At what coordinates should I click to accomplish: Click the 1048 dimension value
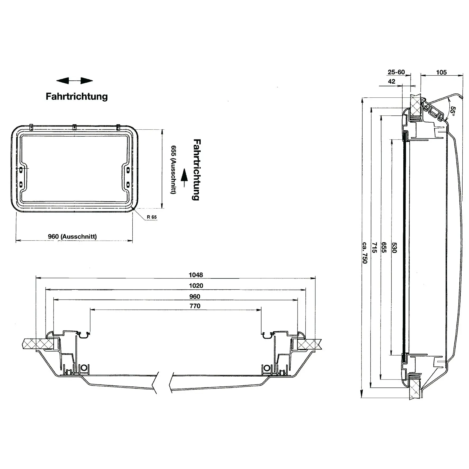click(196, 275)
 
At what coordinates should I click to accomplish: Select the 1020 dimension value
click(196, 286)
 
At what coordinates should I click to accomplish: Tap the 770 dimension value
click(195, 306)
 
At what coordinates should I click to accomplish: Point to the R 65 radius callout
click(152, 217)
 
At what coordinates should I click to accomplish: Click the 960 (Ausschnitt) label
click(72, 236)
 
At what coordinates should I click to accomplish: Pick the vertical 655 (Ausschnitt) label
click(173, 170)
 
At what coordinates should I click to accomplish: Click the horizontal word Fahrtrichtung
click(77, 96)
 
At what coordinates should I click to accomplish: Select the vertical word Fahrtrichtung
click(196, 170)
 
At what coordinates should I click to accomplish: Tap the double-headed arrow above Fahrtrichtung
click(75, 81)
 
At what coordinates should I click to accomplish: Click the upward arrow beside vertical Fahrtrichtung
click(184, 179)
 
